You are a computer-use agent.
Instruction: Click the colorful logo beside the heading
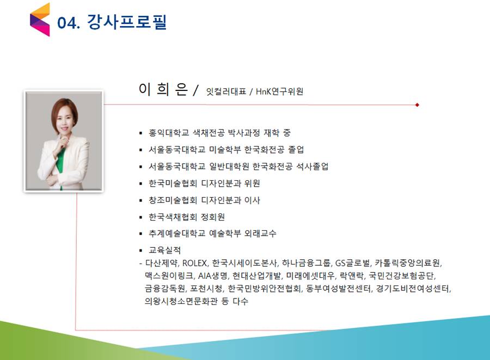pyautogui.click(x=40, y=20)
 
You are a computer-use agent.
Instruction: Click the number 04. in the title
pyautogui.click(x=69, y=23)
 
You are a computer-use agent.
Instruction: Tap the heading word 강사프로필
pyautogui.click(x=126, y=22)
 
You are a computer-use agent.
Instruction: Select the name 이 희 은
pyautogui.click(x=163, y=89)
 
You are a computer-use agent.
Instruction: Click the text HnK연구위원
pyautogui.click(x=279, y=91)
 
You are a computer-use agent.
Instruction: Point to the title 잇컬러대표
pyautogui.click(x=226, y=91)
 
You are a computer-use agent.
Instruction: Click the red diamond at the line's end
pyautogui.click(x=417, y=105)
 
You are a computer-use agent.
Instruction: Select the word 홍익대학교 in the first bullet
pyautogui.click(x=169, y=133)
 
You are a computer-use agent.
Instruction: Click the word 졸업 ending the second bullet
pyautogui.click(x=296, y=149)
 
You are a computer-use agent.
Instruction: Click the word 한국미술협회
pyautogui.click(x=173, y=183)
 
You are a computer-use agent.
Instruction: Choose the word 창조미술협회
pyautogui.click(x=173, y=200)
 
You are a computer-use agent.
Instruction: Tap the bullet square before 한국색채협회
pyautogui.click(x=140, y=217)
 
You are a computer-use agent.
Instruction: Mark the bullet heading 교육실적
pyautogui.click(x=164, y=250)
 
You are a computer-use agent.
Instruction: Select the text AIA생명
pyautogui.click(x=212, y=276)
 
